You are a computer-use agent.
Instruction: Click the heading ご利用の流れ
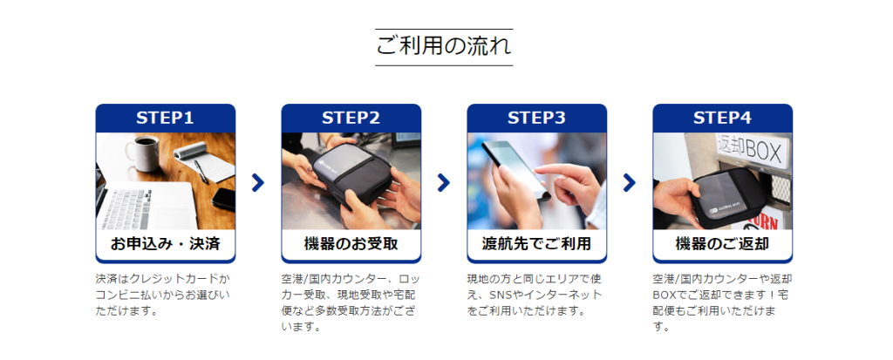(x=444, y=46)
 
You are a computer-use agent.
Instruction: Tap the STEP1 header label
(x=165, y=118)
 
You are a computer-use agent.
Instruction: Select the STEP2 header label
(x=351, y=118)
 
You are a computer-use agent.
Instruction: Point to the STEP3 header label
(x=536, y=118)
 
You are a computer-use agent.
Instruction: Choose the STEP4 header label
(x=722, y=118)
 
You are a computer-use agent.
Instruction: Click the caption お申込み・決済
(x=165, y=244)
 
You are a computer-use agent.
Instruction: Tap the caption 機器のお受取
(x=351, y=244)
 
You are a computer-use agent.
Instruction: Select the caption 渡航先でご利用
(x=536, y=244)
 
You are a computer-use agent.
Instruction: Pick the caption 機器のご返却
(x=722, y=244)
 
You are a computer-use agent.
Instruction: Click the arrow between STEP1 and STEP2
(x=258, y=182)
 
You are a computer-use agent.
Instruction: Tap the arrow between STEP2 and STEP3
(x=444, y=182)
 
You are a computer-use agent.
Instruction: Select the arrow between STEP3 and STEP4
(x=630, y=182)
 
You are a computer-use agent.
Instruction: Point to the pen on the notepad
(x=201, y=171)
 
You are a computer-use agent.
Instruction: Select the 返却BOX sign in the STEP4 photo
(x=752, y=150)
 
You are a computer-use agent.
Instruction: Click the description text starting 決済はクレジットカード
(x=164, y=295)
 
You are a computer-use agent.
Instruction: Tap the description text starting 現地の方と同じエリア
(x=535, y=295)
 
